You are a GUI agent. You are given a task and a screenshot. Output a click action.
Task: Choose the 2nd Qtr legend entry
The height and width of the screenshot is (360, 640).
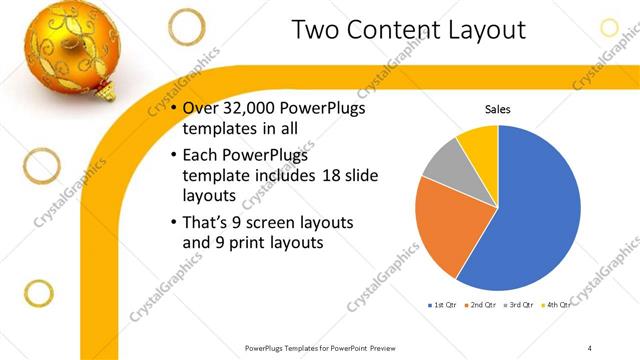(x=482, y=304)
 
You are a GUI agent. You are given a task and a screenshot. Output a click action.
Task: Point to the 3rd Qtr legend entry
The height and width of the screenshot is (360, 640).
(x=521, y=304)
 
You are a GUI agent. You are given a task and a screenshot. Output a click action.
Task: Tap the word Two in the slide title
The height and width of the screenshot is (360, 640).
(x=320, y=30)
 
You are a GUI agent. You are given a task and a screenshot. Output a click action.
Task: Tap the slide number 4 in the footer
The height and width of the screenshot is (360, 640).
(x=590, y=347)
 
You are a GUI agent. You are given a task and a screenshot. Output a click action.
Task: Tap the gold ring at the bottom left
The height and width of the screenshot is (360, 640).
(x=37, y=293)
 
